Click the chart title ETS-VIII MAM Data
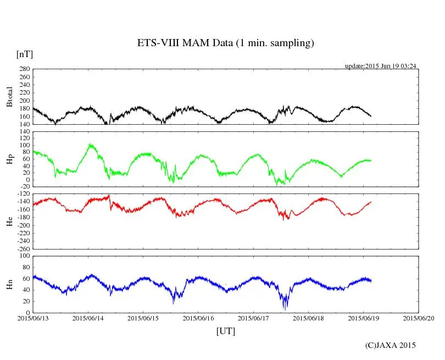click(x=225, y=43)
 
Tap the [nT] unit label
click(x=25, y=54)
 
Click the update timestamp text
click(x=380, y=66)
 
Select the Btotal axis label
click(x=9, y=96)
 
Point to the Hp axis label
click(x=9, y=159)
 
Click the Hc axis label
click(x=9, y=221)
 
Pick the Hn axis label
click(x=9, y=284)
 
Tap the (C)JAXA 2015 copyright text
click(x=391, y=345)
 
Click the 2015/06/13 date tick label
click(x=33, y=318)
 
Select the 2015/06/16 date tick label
click(x=198, y=318)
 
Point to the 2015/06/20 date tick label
click(x=419, y=318)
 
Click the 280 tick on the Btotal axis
click(x=24, y=69)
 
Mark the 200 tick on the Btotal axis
click(x=24, y=101)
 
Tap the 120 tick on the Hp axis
click(x=24, y=131)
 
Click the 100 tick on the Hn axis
click(x=24, y=256)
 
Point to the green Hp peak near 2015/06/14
click(x=90, y=145)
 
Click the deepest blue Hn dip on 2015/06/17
click(x=285, y=309)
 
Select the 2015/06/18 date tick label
click(x=308, y=318)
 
